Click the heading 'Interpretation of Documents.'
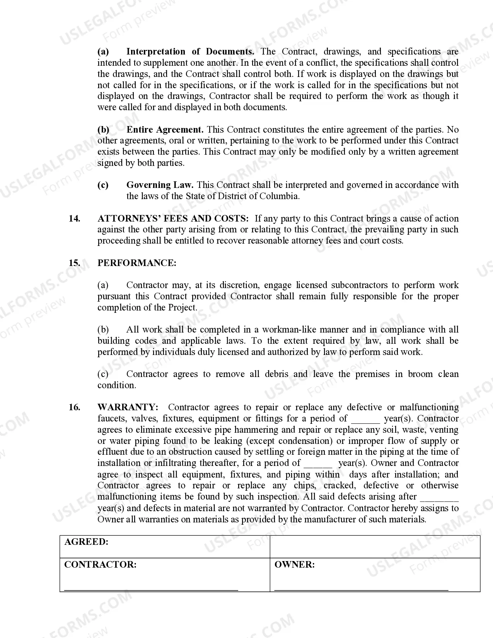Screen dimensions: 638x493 coord(190,52)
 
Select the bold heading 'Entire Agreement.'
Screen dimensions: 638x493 coord(165,130)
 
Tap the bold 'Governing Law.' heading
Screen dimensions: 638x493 coord(160,185)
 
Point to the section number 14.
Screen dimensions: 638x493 coord(75,219)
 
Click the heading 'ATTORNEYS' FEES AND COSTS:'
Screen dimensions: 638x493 coord(173,219)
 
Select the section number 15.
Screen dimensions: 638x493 coord(75,263)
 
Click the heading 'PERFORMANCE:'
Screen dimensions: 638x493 coord(137,263)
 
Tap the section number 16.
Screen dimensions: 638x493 coord(75,408)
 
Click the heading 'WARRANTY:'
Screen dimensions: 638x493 coord(128,408)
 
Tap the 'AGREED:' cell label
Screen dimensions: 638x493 coord(86,542)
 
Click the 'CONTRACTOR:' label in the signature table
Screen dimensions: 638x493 coord(100,565)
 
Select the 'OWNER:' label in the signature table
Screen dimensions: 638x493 coord(294,565)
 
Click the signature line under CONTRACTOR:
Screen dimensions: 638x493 coord(151,590)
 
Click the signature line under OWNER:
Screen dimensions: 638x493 coord(361,590)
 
